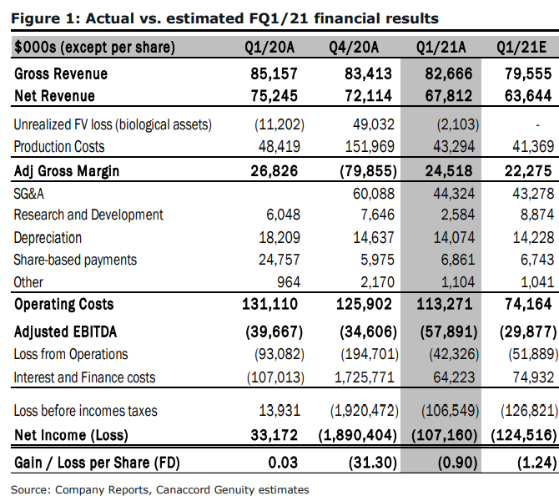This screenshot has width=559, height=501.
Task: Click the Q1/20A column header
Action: click(269, 48)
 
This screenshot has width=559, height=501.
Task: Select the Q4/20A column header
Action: click(354, 48)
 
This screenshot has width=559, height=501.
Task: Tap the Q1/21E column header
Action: click(521, 48)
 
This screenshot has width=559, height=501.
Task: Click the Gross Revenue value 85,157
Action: click(274, 73)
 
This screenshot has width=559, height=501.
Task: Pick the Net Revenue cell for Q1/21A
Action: click(449, 96)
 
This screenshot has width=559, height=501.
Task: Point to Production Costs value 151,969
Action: click(370, 147)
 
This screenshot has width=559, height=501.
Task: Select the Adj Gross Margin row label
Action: click(67, 171)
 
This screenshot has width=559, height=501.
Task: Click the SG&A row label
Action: click(29, 194)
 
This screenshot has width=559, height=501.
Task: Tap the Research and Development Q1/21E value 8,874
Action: click(537, 215)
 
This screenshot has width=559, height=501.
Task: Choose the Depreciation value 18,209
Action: click(279, 238)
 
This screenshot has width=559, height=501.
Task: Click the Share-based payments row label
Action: click(75, 261)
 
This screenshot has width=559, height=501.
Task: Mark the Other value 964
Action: click(289, 282)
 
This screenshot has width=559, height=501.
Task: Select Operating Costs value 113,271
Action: click(445, 305)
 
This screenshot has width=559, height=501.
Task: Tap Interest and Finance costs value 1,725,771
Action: click(365, 377)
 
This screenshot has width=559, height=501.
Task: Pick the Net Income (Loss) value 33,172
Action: click(274, 435)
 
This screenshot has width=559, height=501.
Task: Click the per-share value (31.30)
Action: click(373, 463)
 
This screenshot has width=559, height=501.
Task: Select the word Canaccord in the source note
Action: click(183, 490)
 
